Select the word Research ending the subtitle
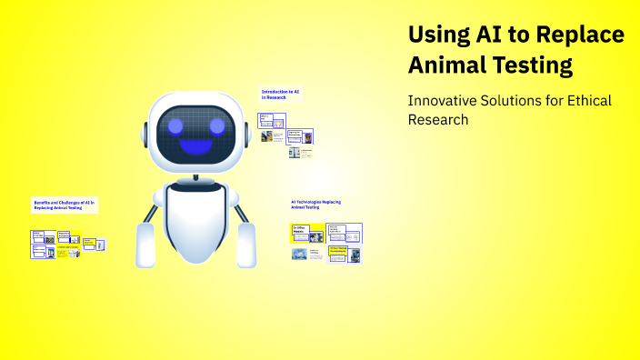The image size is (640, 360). (x=438, y=119)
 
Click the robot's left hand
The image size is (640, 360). (x=145, y=245)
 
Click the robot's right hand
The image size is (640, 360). (x=246, y=245)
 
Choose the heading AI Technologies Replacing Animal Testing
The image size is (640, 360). (x=315, y=204)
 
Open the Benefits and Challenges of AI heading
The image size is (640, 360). (x=64, y=204)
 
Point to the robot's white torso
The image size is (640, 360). (x=195, y=218)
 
